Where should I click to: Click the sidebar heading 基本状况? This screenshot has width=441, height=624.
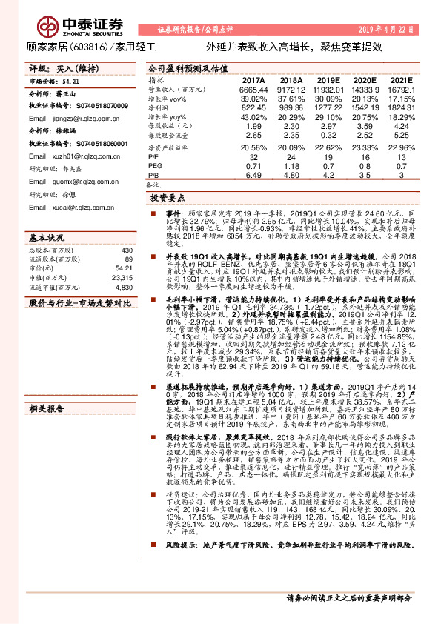47,238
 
